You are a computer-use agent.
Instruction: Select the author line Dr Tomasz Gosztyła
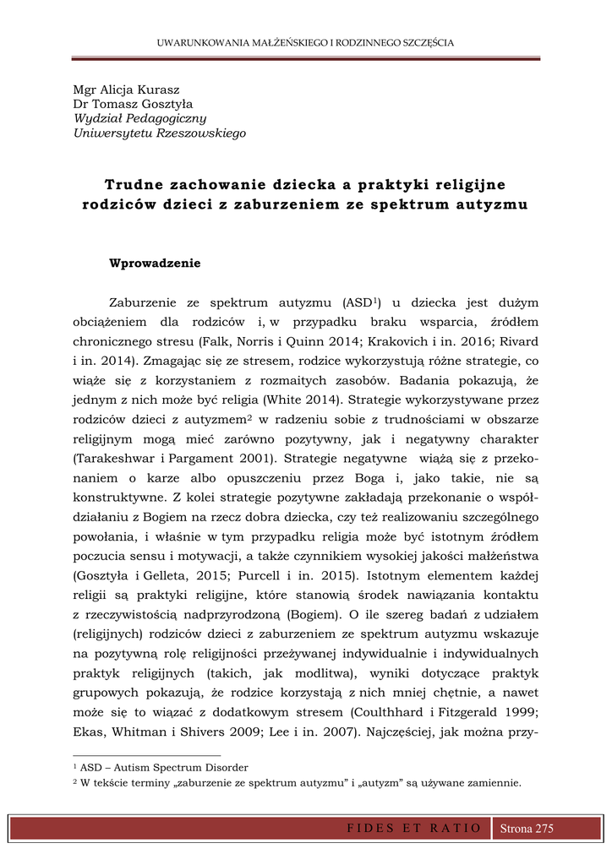[x=134, y=105]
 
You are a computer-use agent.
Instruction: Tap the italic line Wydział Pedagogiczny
[x=139, y=119]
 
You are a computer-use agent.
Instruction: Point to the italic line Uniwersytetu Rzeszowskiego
[x=159, y=133]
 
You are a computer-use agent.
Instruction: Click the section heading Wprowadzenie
[x=155, y=263]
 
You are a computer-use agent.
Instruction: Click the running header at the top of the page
[x=306, y=42]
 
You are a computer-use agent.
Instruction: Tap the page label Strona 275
[x=527, y=829]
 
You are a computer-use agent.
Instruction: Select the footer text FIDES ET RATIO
[x=414, y=829]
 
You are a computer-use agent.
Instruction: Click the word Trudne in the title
[x=134, y=183]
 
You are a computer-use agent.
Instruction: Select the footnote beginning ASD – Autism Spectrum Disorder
[x=161, y=768]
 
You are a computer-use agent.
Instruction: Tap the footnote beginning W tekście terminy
[x=296, y=783]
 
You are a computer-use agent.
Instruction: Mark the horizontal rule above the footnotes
[x=147, y=755]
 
